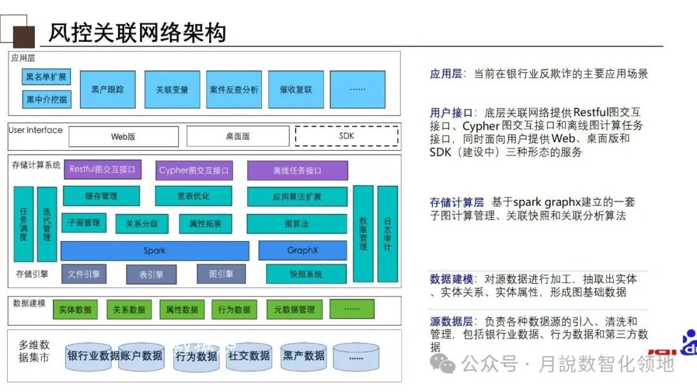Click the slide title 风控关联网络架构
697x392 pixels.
tap(137, 32)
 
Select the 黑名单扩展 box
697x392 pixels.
tap(46, 78)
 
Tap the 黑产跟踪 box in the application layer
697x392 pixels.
tap(108, 90)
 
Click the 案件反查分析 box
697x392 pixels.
tap(234, 90)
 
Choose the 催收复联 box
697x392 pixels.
tap(296, 90)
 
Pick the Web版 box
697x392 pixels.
tap(123, 137)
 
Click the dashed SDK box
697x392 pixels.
tap(347, 136)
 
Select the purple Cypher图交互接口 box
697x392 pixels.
tap(194, 170)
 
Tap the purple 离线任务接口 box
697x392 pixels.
tap(297, 170)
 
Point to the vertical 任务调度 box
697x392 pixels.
tap(23, 224)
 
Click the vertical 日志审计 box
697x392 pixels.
tap(387, 233)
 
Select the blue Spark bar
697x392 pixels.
tap(155, 250)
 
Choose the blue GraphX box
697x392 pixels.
tap(303, 250)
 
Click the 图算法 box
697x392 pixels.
tap(297, 224)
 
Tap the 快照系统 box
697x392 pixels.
tap(306, 274)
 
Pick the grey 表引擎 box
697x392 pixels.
tap(151, 275)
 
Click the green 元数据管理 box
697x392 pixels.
tap(294, 309)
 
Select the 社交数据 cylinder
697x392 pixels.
tap(250, 356)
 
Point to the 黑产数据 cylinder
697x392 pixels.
tap(303, 356)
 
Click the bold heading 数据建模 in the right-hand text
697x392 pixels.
tap(451, 279)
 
